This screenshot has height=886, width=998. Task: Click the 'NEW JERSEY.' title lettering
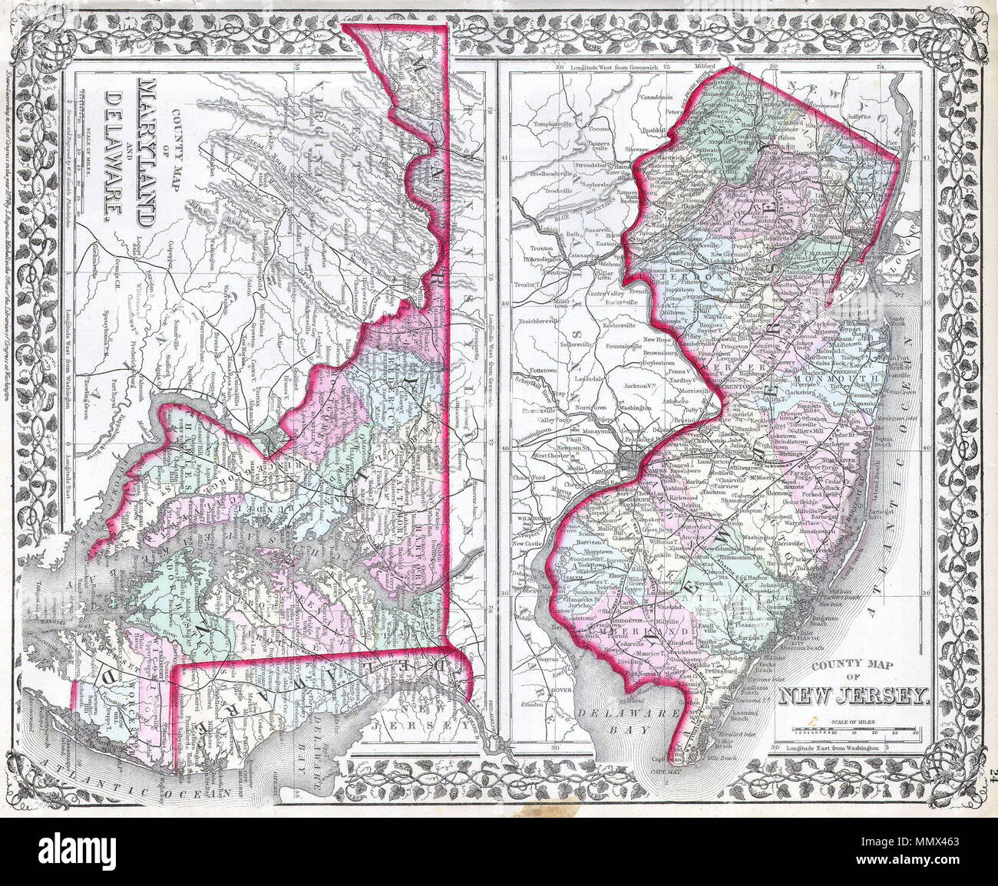[x=854, y=696]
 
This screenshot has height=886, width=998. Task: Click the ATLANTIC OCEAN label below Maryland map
[x=131, y=767]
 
